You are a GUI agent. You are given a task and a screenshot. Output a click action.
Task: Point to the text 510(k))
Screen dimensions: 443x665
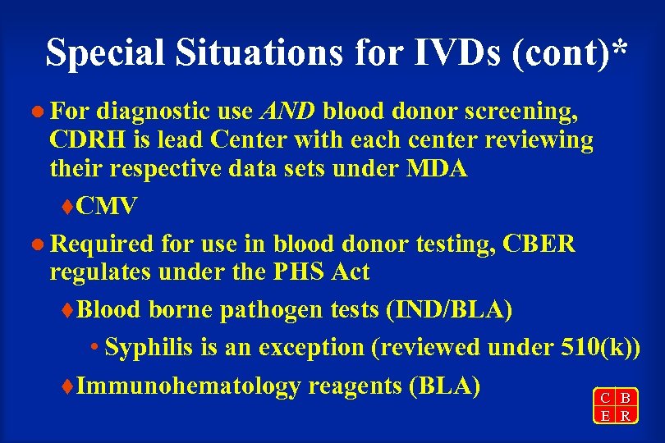[597, 348]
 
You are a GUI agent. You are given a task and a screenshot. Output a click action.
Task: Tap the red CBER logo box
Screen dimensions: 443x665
[615, 406]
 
